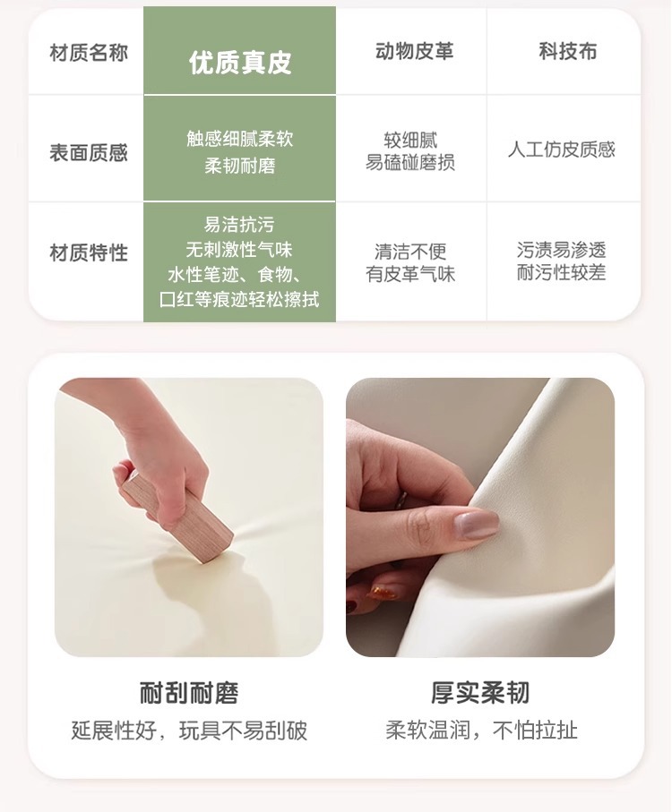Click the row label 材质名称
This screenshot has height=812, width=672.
pos(89,53)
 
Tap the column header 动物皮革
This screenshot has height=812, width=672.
pos(415,51)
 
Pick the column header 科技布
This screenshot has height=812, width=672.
pos(568,51)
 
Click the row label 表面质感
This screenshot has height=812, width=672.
pos(89,153)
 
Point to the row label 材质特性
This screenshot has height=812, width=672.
pos(89,253)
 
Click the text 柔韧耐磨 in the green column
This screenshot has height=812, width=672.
pos(240,166)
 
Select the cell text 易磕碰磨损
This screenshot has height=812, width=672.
pos(410,163)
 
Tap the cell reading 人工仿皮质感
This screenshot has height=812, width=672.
pos(562,150)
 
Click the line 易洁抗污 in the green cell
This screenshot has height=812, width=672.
pos(239,225)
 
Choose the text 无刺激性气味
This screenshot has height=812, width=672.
pos(239,250)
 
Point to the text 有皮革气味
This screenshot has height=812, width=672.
pos(410,274)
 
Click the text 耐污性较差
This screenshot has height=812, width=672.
pos(562,272)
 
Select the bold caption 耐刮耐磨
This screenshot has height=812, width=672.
pos(189,693)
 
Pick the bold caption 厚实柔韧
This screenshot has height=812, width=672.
pos(480,693)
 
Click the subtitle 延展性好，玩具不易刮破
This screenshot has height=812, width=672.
pos(189,731)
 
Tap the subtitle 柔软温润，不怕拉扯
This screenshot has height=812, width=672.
pos(481,731)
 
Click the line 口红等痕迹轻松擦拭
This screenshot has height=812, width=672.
pos(239,300)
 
